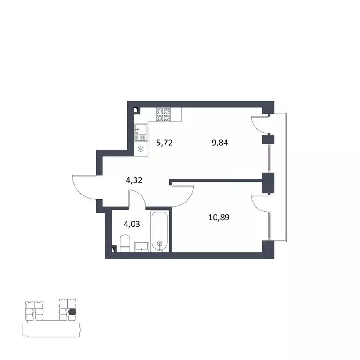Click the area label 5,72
165,143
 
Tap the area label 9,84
220,143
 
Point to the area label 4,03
131,223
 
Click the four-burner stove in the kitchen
163,114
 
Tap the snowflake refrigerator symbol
141,149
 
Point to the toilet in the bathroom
125,244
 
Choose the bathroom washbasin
142,246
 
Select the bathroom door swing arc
137,199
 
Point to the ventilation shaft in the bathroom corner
113,249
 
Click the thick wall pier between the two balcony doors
268,183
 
